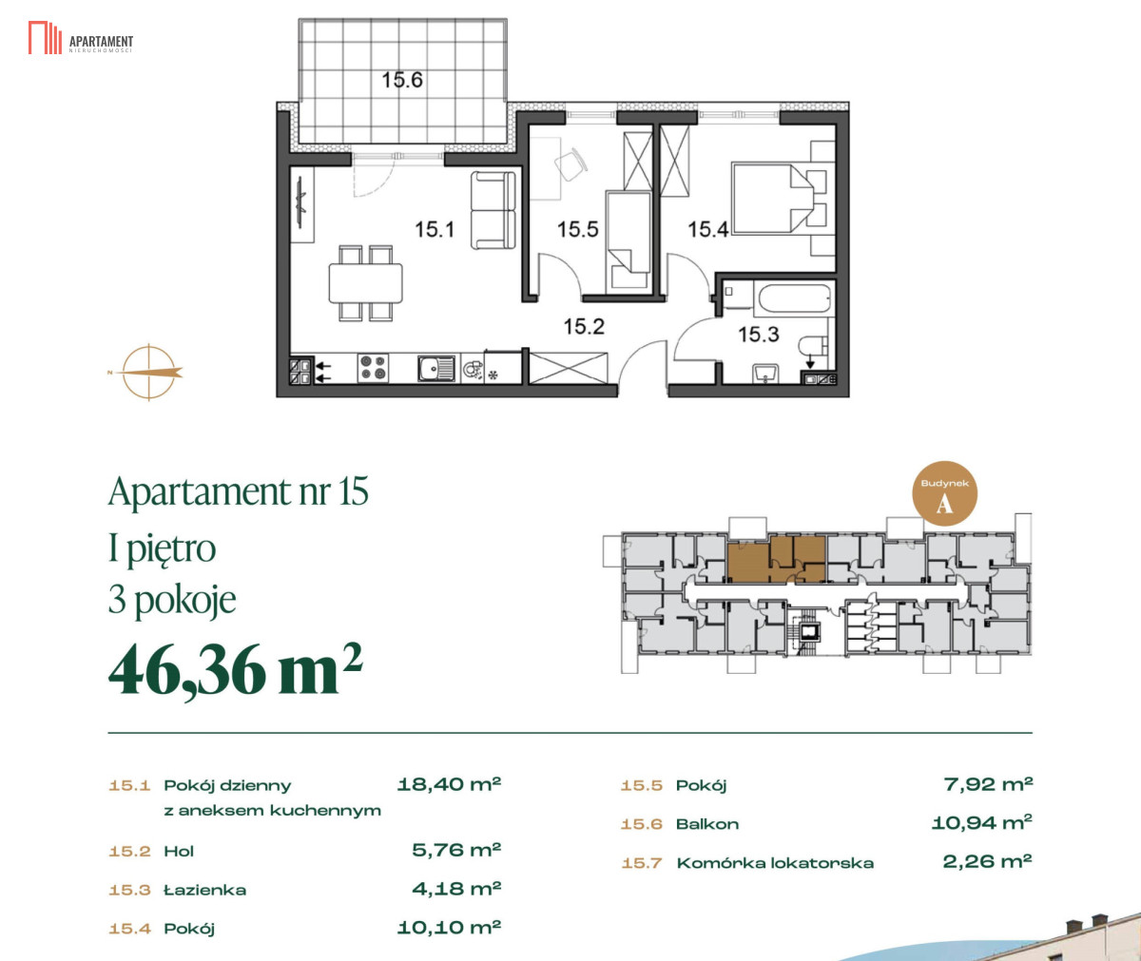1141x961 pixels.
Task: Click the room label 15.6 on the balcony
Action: (x=401, y=80)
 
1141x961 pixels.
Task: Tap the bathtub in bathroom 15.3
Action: (x=793, y=298)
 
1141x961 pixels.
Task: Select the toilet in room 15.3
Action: (x=814, y=346)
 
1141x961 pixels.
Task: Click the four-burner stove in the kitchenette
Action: (x=374, y=368)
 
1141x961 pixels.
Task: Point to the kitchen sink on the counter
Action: (x=436, y=368)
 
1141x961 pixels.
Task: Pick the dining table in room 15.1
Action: (x=365, y=283)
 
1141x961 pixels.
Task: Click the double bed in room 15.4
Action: (x=771, y=198)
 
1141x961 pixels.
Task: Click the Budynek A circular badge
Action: (x=944, y=494)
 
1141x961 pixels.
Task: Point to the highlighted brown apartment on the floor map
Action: (x=777, y=559)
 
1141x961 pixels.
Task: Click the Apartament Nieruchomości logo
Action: (x=81, y=38)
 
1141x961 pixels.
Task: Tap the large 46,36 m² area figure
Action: (x=236, y=669)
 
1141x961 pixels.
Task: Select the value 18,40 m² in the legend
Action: (x=449, y=784)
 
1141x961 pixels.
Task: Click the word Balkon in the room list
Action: (x=707, y=824)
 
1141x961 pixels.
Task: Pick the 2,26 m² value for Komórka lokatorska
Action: (x=988, y=861)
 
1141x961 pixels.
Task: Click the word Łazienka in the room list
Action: (x=205, y=890)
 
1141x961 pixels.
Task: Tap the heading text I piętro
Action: (x=163, y=548)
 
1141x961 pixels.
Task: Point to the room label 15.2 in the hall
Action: (x=584, y=327)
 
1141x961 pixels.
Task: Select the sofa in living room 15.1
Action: (x=493, y=210)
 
